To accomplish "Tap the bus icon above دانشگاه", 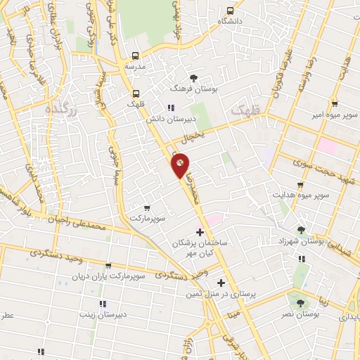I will (230, 11).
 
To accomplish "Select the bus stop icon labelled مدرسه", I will (136, 56).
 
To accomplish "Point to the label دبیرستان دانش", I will (169, 120).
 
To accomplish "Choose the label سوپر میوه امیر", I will (334, 114).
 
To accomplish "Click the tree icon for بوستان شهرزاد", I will (301, 230).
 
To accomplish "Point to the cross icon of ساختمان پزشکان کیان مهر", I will (200, 231).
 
